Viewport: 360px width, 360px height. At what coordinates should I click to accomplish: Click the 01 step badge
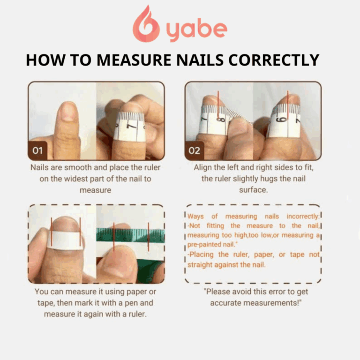point(37,150)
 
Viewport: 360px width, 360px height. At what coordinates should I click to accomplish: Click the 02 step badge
point(194,150)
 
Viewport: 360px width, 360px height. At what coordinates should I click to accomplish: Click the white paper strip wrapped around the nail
point(66,240)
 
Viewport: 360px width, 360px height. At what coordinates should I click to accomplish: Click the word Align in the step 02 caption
point(203,167)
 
